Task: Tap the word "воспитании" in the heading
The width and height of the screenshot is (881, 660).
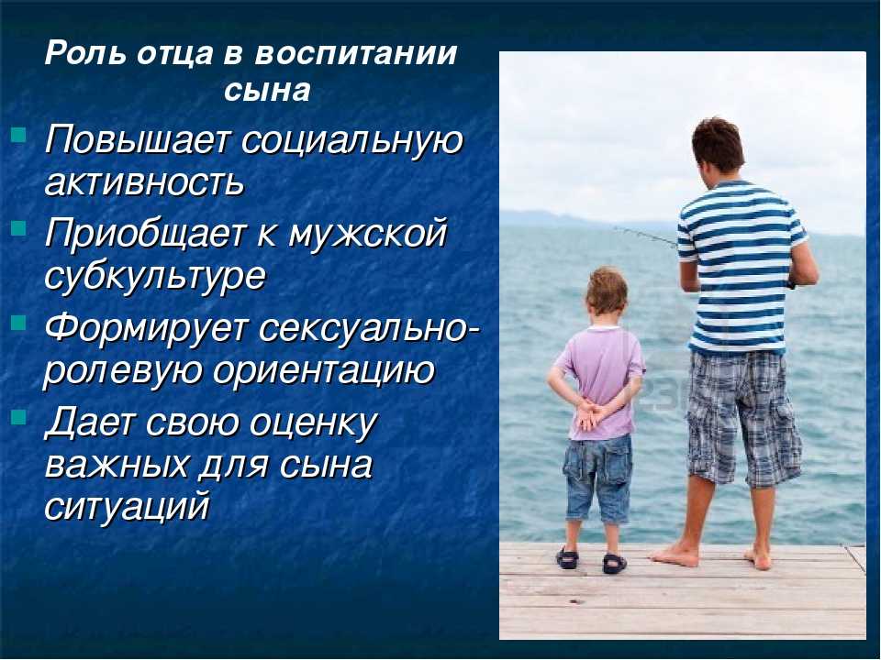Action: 356,54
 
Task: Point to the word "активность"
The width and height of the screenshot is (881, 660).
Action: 144,182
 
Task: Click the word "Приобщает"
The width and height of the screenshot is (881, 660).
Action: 146,234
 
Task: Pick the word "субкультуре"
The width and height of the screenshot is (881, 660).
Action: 154,276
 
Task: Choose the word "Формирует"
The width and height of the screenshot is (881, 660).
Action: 146,329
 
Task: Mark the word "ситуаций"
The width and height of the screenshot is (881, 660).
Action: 127,505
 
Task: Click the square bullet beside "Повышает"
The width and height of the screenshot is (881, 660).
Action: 18,134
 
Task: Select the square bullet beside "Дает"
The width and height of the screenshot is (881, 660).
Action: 18,416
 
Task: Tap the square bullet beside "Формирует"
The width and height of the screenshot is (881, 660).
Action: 18,323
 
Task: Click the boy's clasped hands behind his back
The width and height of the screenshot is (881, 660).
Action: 589,415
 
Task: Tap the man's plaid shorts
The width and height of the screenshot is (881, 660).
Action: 742,417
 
